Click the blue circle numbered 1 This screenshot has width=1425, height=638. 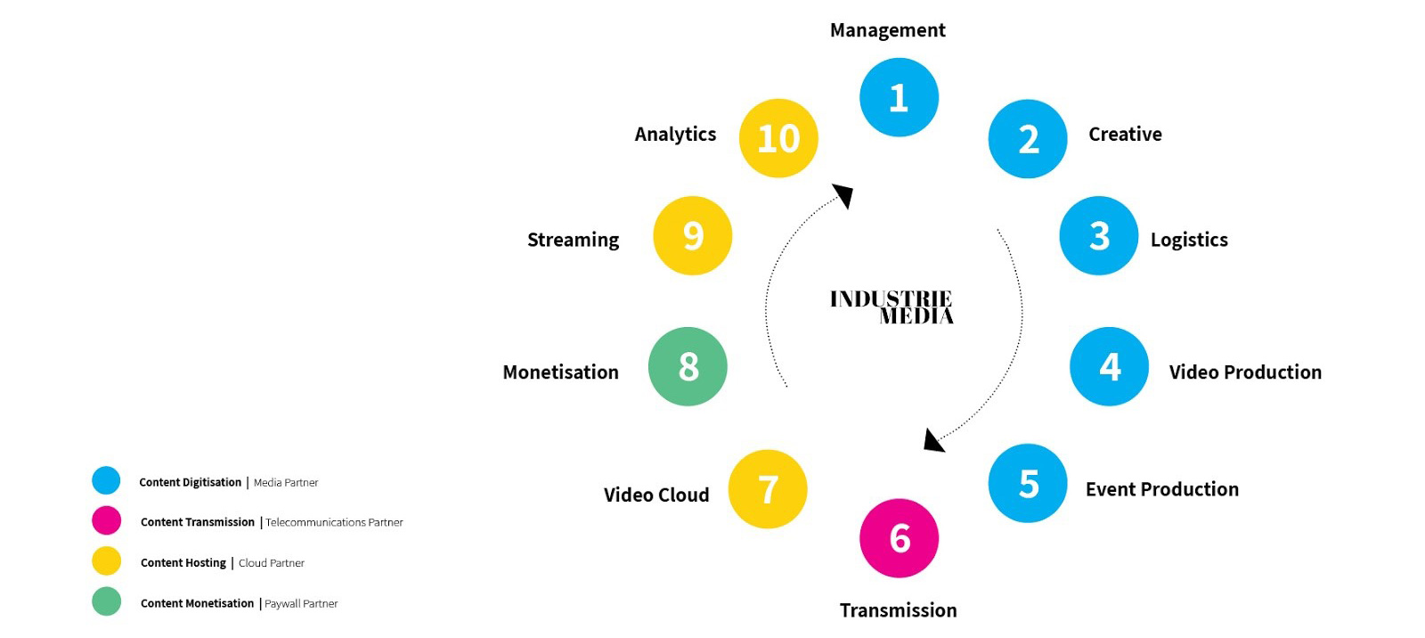click(899, 97)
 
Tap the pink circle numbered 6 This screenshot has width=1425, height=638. click(899, 538)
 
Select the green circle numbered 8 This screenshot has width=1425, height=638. click(688, 366)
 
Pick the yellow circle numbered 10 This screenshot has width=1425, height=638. click(778, 138)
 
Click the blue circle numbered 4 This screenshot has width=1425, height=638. click(1109, 366)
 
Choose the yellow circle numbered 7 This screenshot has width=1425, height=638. click(768, 489)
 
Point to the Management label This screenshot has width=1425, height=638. click(887, 30)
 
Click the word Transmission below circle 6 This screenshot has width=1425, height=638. click(898, 610)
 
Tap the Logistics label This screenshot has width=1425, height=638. click(1189, 240)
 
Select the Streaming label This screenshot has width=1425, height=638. click(573, 240)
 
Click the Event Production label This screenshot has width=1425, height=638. click(1161, 489)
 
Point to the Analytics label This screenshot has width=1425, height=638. click(675, 135)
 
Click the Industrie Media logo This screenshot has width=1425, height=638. click(892, 307)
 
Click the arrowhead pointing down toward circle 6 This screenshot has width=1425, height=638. click(932, 440)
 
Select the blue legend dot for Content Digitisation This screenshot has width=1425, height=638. click(106, 480)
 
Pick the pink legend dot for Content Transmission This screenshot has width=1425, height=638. click(106, 520)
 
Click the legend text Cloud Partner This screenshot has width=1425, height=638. click(272, 563)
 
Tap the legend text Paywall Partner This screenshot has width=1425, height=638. click(301, 604)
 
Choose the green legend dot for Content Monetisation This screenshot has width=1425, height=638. click(106, 601)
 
